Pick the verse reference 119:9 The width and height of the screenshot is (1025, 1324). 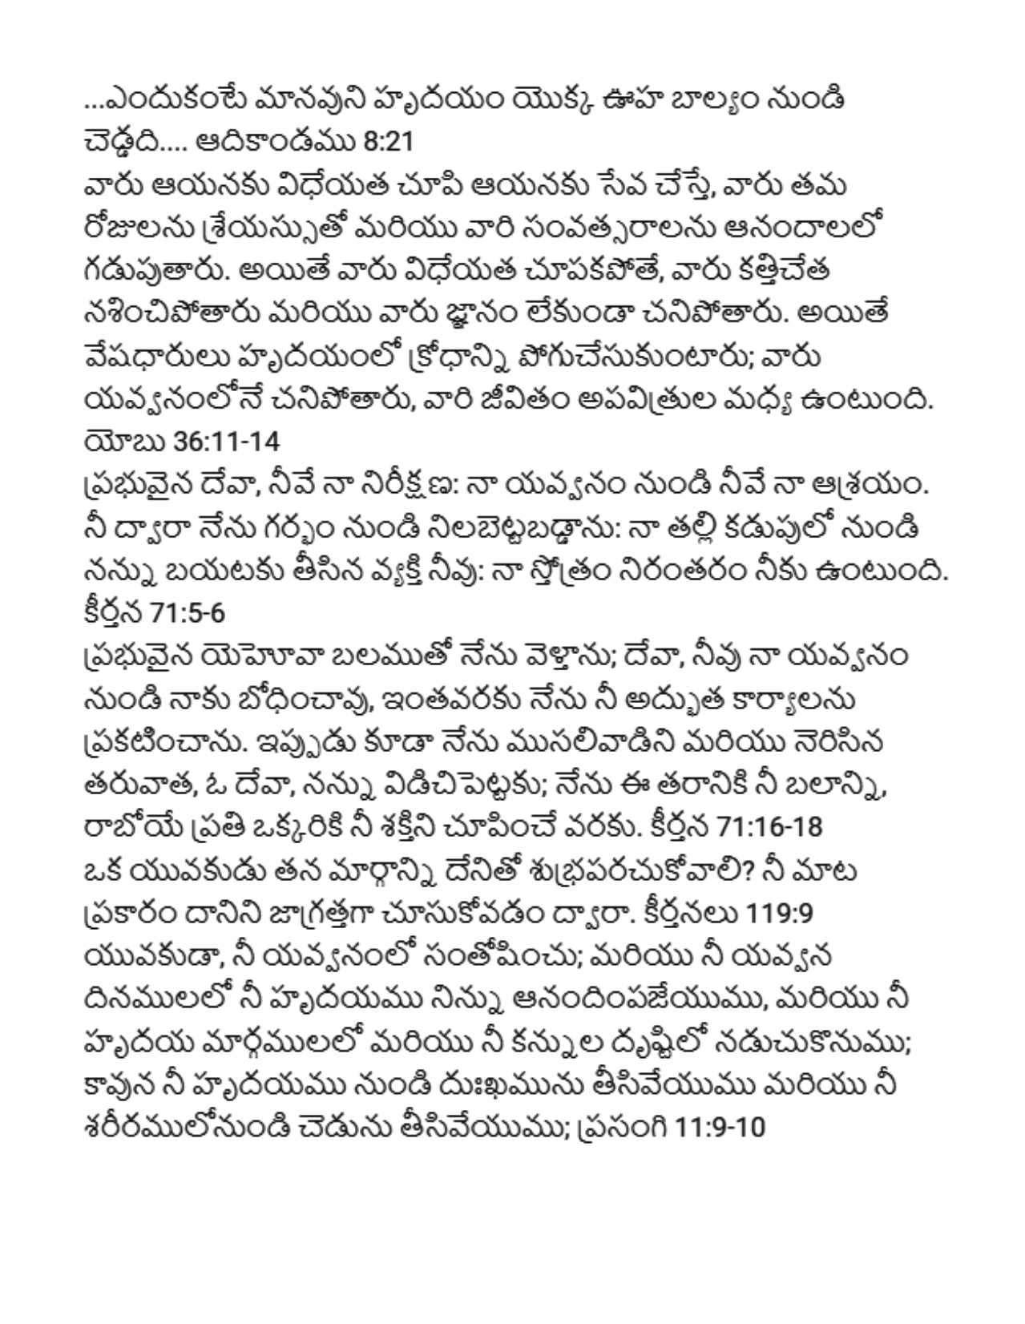pyautogui.click(x=779, y=914)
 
